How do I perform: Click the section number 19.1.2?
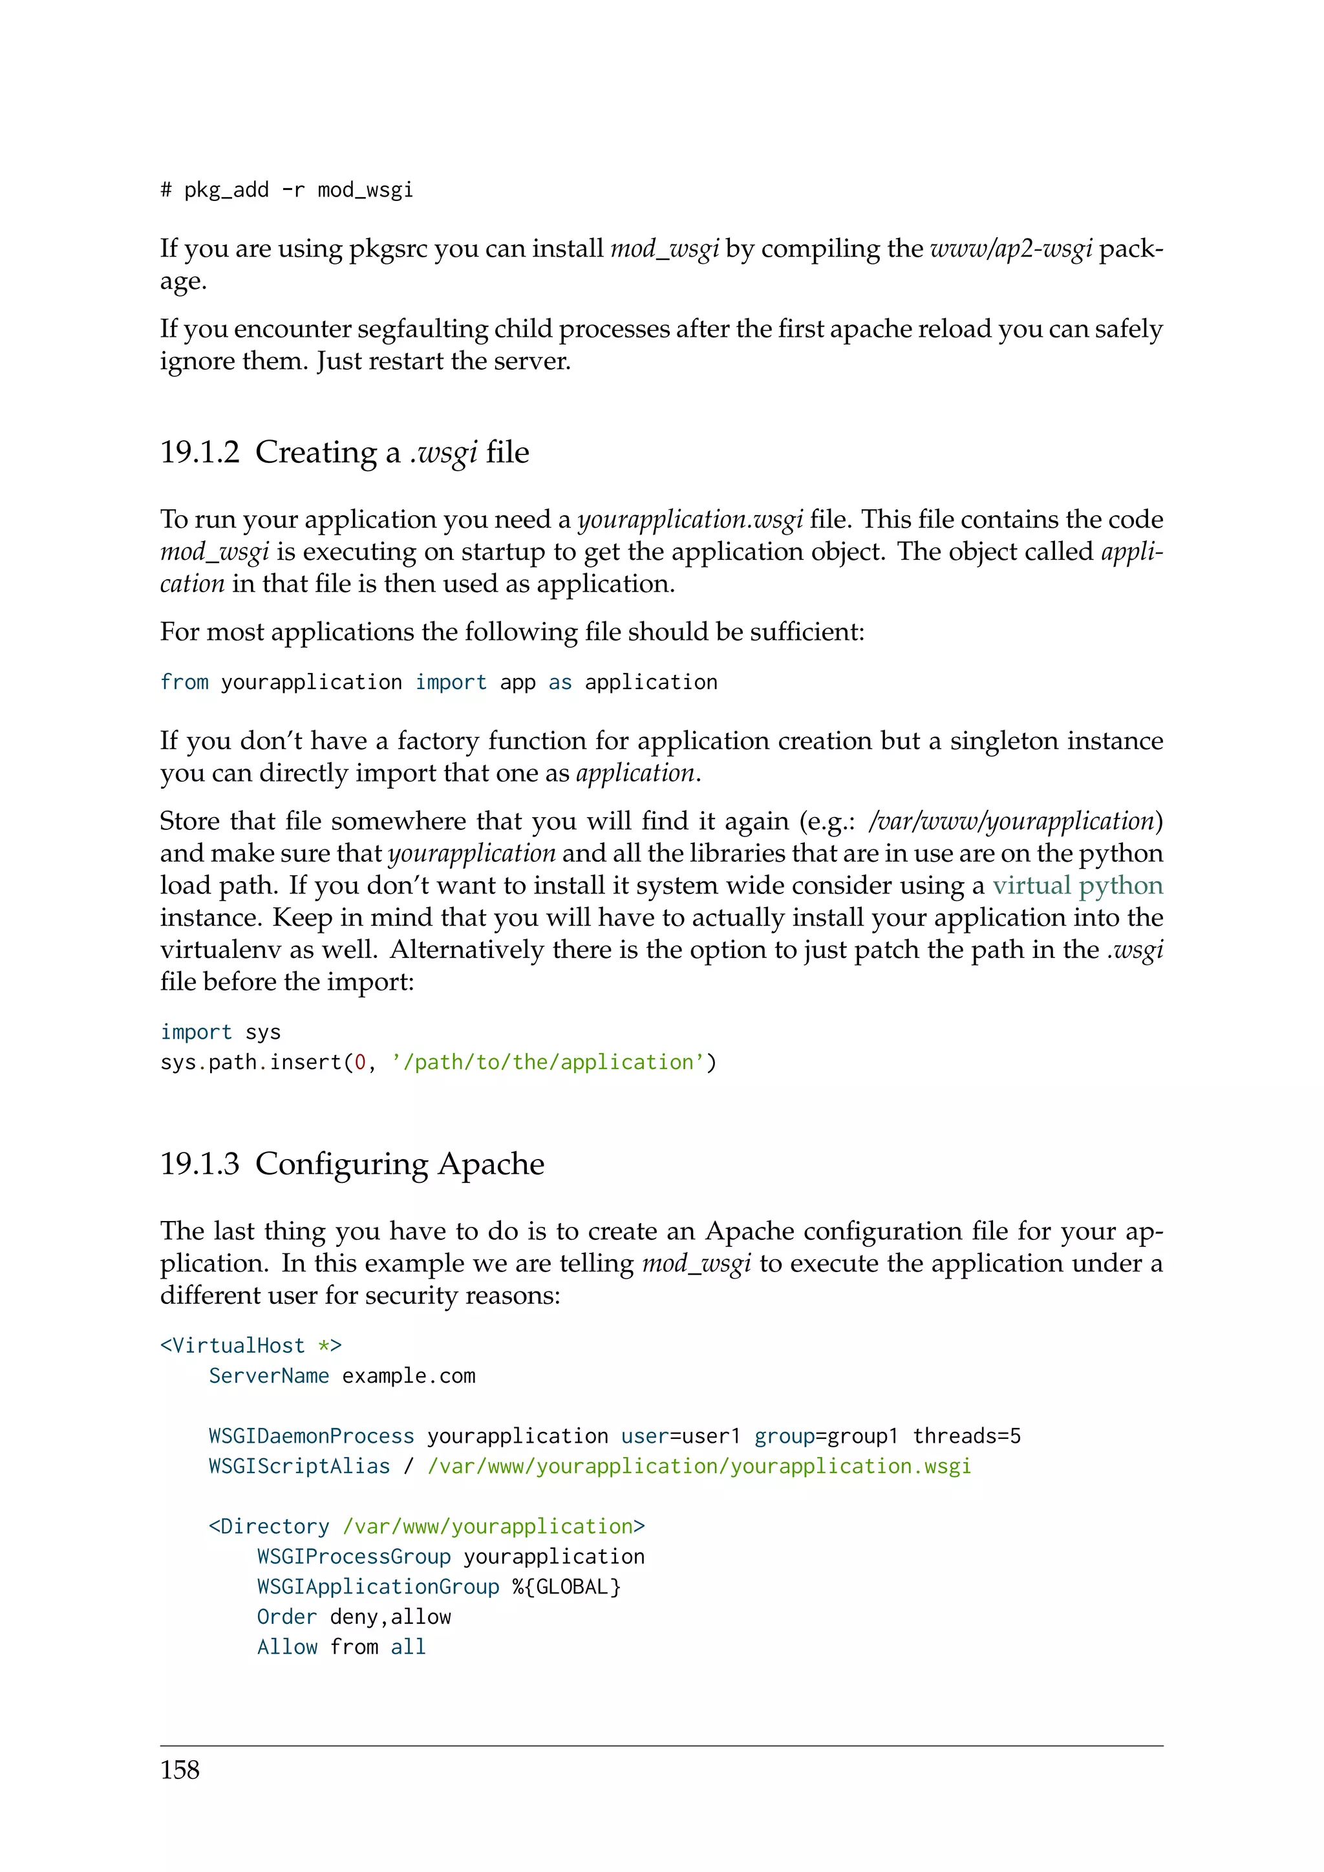point(200,452)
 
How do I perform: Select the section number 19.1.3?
point(200,1164)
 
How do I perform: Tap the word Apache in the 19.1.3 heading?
point(491,1164)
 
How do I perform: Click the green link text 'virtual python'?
point(1077,886)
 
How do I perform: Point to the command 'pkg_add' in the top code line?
point(226,191)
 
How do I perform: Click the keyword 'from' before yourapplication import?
point(184,683)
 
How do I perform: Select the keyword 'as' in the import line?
point(560,683)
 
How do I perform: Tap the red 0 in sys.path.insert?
point(360,1063)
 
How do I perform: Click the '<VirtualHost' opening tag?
point(232,1346)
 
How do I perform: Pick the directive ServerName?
point(269,1376)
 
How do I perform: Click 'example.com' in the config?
point(409,1376)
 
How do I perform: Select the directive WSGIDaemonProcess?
point(312,1436)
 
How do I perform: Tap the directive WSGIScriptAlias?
point(299,1467)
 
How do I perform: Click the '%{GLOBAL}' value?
point(566,1588)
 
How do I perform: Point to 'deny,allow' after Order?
point(390,1617)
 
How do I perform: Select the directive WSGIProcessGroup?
point(354,1557)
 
